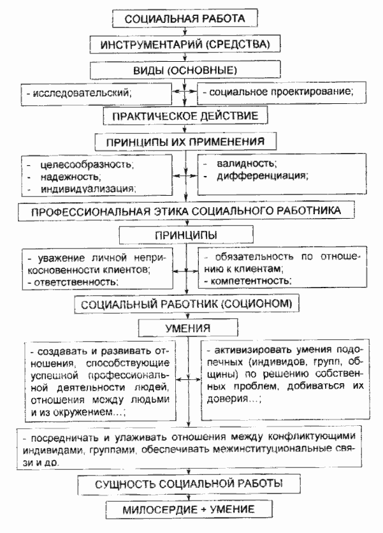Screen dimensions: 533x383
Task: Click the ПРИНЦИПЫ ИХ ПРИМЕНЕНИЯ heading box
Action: tap(185, 140)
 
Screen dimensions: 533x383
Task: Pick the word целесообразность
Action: tap(79, 165)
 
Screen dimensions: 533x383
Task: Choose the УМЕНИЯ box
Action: tap(185, 328)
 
